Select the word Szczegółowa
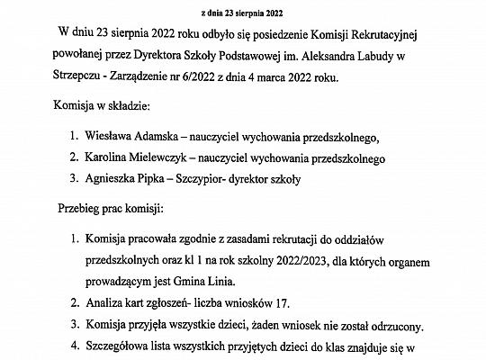tap(119, 346)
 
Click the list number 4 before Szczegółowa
tap(72, 346)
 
